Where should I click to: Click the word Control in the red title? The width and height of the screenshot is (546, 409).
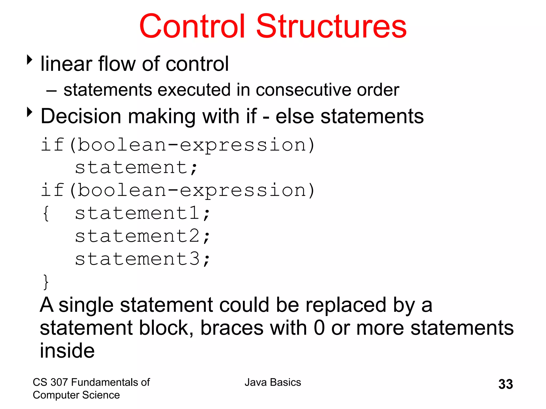tap(192, 27)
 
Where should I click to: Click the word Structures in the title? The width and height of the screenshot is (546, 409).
tap(331, 27)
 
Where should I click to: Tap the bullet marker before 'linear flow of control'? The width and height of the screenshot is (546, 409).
tap(30, 60)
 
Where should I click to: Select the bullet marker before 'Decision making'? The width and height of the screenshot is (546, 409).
tap(30, 112)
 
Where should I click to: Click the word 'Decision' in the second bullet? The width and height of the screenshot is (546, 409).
tap(81, 116)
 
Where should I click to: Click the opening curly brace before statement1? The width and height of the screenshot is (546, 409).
tap(46, 213)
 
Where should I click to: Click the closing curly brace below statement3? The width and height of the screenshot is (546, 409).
tap(46, 282)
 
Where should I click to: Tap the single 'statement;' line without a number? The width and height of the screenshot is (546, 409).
tap(136, 167)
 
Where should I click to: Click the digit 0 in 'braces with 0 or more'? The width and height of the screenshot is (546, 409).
tap(319, 328)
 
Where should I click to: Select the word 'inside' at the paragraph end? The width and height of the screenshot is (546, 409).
tap(67, 351)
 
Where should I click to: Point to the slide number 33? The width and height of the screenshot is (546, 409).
tap(505, 384)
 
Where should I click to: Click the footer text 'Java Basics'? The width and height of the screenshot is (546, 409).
tap(273, 382)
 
